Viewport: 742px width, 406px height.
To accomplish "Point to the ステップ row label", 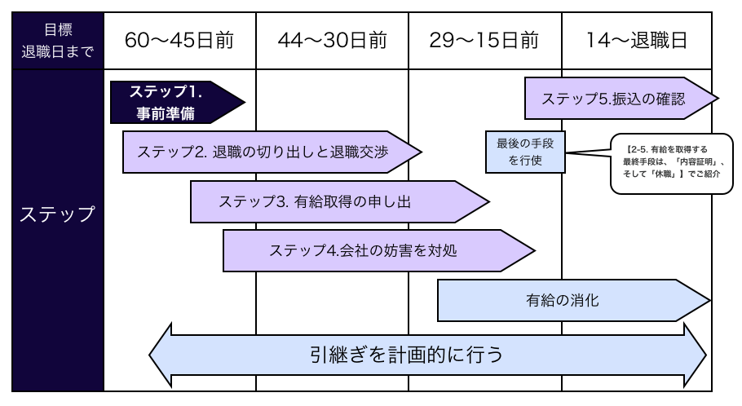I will tap(57, 215).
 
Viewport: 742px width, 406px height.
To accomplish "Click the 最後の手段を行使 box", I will tap(525, 152).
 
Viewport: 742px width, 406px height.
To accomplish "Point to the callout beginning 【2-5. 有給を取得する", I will tap(669, 163).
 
